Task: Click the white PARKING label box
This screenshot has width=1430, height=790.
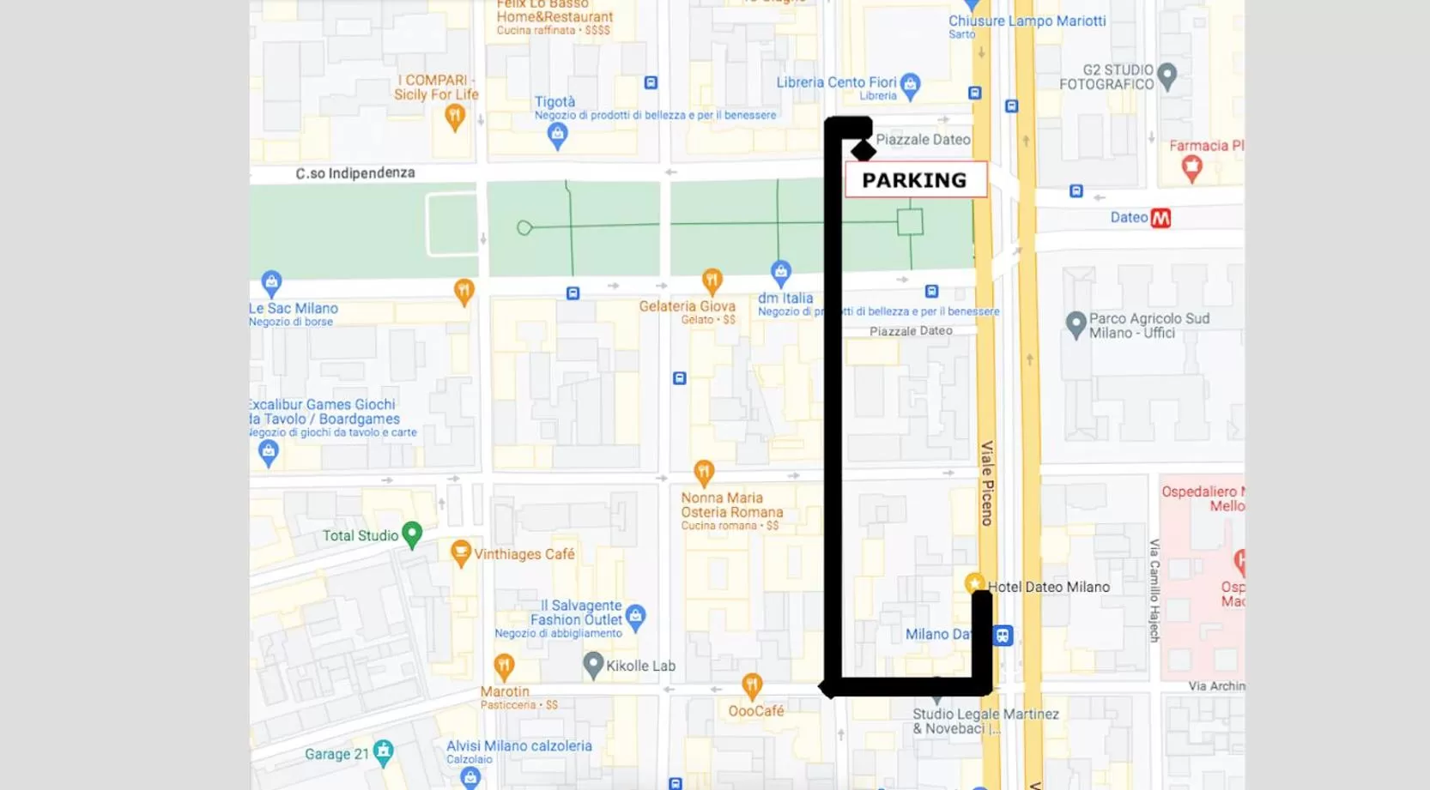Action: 915,180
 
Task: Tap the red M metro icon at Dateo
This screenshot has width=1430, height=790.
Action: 1160,218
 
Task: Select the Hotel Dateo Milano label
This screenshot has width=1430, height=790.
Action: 1048,587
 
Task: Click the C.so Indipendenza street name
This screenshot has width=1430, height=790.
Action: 355,173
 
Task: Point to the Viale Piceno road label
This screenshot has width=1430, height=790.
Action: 987,482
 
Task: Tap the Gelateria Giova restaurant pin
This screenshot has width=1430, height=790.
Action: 712,280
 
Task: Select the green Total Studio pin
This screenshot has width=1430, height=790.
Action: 412,534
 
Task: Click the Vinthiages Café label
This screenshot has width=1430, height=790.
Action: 524,554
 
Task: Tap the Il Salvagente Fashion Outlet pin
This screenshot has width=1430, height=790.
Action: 635,615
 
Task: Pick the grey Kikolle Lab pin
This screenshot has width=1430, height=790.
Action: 593,664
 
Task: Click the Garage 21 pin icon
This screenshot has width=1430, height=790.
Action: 384,752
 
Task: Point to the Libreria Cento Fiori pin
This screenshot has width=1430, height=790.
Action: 911,84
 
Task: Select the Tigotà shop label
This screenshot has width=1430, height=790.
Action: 554,102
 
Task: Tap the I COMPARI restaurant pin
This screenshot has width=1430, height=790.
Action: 455,116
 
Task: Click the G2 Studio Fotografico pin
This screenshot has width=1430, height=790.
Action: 1166,75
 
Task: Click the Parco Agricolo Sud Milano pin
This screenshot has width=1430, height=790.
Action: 1076,324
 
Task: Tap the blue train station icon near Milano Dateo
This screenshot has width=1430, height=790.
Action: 1003,636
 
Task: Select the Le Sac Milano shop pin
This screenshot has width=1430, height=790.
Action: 271,281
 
